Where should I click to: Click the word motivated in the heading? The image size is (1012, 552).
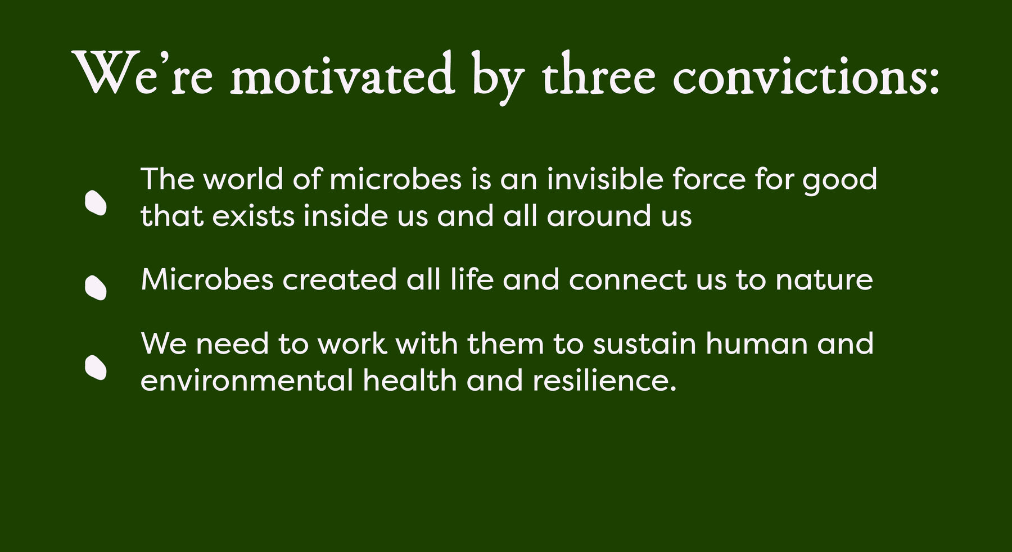342,75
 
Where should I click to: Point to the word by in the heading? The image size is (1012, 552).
498,78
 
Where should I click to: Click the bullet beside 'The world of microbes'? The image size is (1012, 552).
96,203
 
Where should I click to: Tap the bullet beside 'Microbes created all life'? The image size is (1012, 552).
96,288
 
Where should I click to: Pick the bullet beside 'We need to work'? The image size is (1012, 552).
96,368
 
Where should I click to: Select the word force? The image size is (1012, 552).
709,179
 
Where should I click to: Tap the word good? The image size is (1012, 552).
839,181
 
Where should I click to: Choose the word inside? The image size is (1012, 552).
346,215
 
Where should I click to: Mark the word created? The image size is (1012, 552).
340,279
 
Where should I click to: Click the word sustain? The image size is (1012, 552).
644,343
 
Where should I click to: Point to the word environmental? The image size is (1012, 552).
247,381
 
